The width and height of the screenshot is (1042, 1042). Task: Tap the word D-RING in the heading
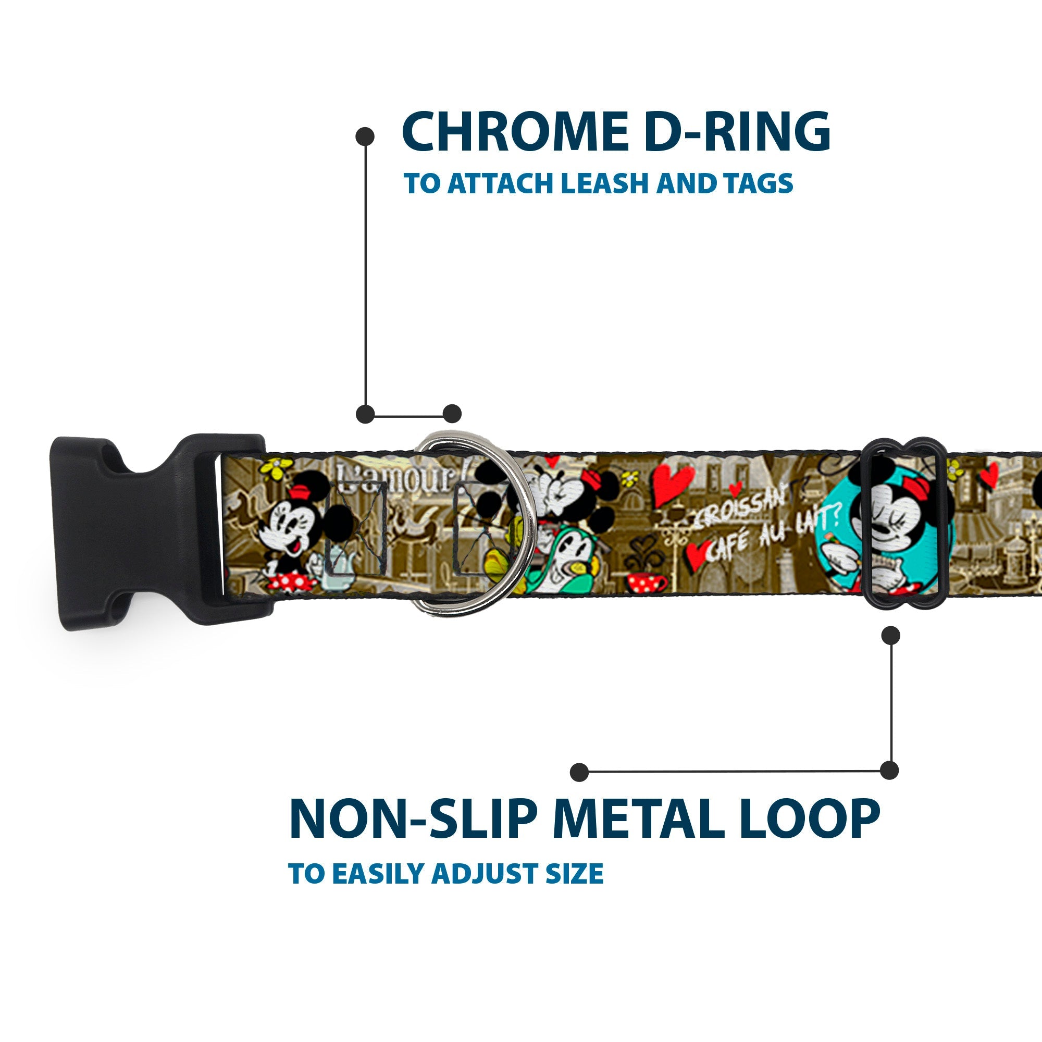pos(737,132)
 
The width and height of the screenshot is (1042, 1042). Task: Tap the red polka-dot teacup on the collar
pos(646,582)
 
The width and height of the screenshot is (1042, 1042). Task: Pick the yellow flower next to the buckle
pos(277,468)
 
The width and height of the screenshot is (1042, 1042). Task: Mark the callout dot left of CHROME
pos(365,137)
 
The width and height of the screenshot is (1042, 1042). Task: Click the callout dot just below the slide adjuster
pos(890,635)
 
